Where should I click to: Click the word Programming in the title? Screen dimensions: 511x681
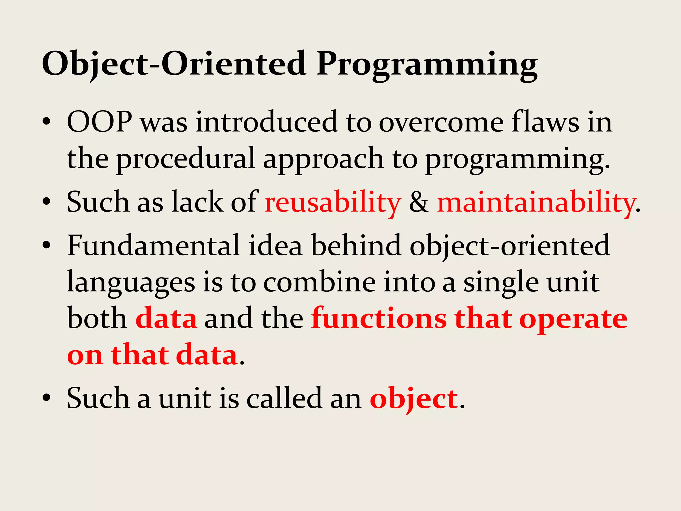click(427, 64)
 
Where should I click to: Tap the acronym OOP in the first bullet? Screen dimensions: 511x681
click(99, 122)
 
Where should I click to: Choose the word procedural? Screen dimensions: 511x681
click(186, 159)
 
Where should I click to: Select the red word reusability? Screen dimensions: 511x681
click(333, 202)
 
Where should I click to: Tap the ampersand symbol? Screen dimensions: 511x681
click(419, 202)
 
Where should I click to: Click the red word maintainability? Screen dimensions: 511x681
click(536, 202)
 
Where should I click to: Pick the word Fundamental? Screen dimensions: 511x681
click(153, 246)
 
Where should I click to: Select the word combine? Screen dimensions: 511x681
click(320, 282)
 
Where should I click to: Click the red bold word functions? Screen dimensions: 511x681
click(379, 319)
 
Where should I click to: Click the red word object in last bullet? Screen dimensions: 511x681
click(414, 399)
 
